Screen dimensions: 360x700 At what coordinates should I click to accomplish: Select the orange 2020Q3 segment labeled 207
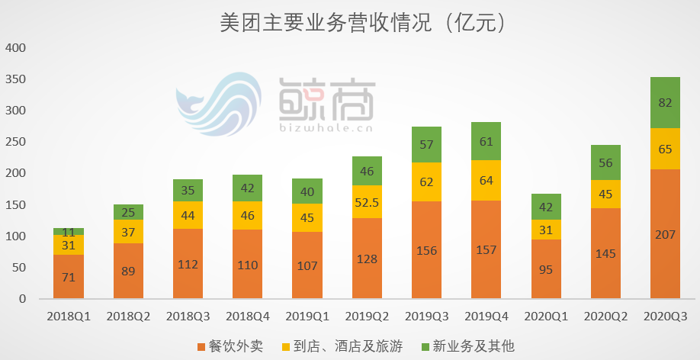pos(665,234)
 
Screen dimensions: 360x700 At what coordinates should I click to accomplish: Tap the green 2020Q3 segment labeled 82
pos(665,102)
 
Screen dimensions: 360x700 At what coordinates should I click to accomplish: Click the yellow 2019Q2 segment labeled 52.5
pos(368,201)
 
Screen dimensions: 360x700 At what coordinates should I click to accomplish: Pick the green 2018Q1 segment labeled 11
pos(69,231)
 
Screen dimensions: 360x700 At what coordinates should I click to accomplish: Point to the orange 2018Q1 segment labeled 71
pos(69,277)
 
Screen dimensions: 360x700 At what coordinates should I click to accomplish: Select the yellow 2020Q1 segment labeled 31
pos(546,230)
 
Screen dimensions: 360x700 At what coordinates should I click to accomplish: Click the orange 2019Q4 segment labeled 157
pos(486,250)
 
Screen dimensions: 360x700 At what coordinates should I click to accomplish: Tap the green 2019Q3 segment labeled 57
pos(427,144)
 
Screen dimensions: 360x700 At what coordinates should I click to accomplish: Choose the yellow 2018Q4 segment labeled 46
pos(248,216)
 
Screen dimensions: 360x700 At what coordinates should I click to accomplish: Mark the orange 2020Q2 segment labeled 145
pos(605,253)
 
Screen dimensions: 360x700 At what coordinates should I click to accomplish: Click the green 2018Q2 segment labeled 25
pos(128,211)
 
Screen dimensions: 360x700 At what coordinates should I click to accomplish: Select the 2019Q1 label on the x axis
pos(307,316)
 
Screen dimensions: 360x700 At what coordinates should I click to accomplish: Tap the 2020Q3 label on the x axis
pos(665,316)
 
